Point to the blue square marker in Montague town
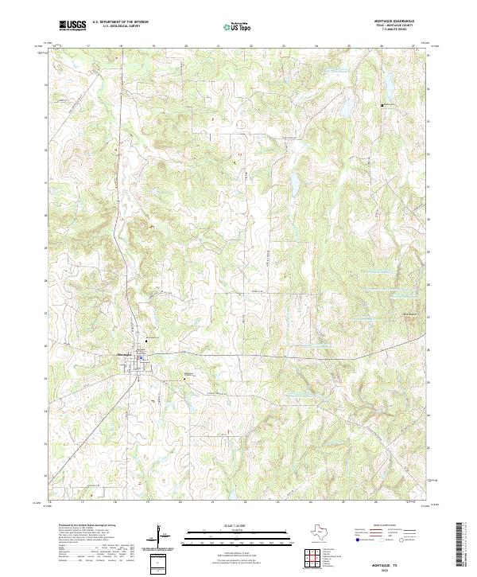142,358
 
